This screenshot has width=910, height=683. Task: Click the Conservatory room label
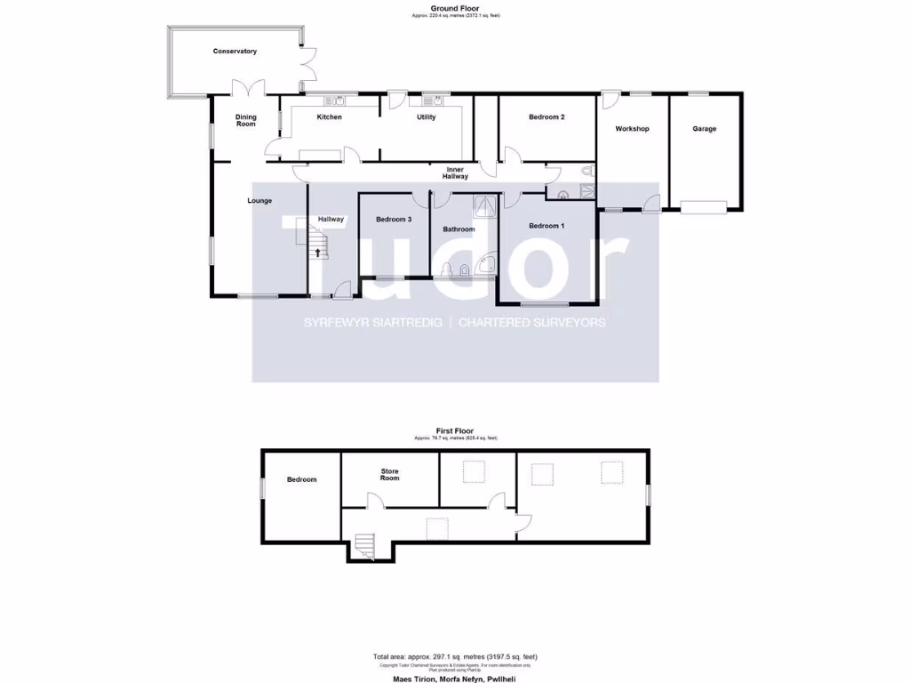click(x=235, y=52)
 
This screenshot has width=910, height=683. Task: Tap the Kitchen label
click(x=330, y=117)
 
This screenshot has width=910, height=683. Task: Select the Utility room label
click(x=426, y=117)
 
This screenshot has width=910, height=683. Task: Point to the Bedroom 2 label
click(x=547, y=117)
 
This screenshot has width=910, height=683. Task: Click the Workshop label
click(x=633, y=129)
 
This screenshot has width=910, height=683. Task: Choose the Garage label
click(x=705, y=129)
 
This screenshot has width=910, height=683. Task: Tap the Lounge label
click(x=259, y=201)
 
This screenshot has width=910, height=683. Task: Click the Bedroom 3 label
click(x=393, y=220)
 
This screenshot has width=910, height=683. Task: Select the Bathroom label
click(x=459, y=229)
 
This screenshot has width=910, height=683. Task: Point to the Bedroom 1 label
click(x=547, y=226)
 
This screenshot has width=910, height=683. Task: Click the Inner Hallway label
click(x=457, y=173)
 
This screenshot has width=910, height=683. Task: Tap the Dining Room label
click(x=245, y=121)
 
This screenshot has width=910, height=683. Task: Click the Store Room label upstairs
click(x=390, y=475)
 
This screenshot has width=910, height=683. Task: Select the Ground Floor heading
click(x=455, y=8)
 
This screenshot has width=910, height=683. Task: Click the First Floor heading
click(x=455, y=430)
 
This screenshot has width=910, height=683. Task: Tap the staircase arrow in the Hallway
click(x=317, y=253)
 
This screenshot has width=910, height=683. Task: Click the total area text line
click(x=455, y=657)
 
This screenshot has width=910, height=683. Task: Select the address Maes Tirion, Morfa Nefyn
click(x=455, y=679)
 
